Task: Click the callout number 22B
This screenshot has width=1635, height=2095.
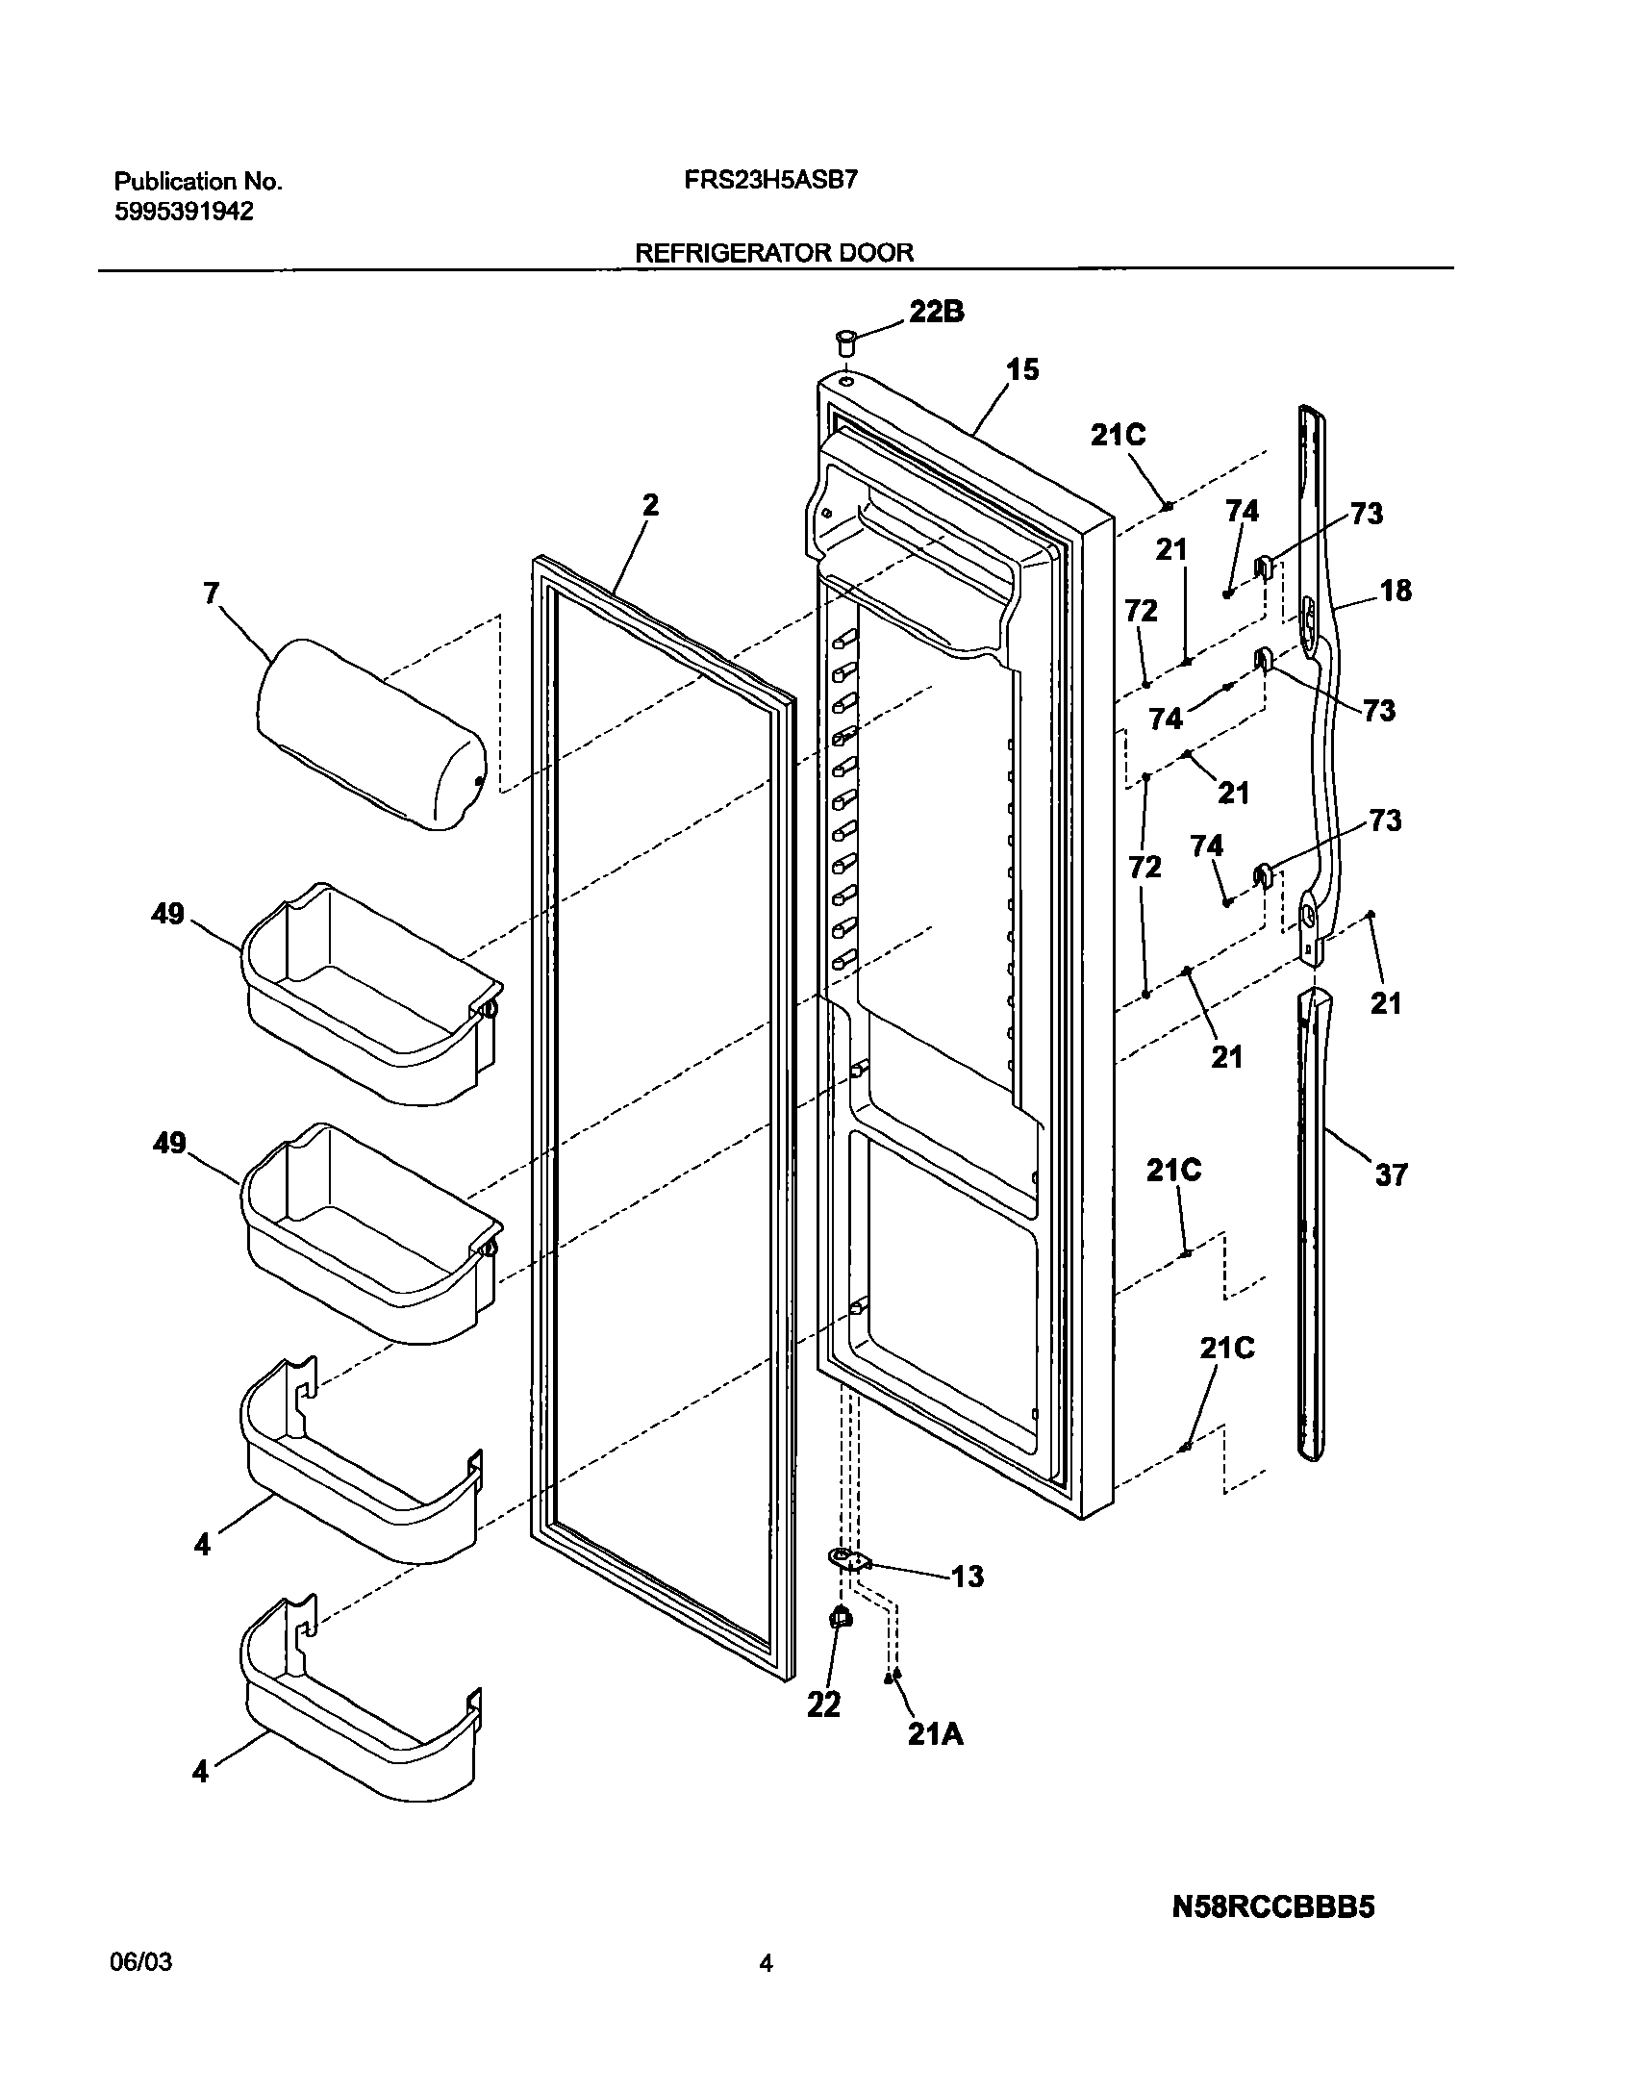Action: click(x=937, y=312)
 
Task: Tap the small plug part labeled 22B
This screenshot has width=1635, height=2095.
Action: click(x=845, y=341)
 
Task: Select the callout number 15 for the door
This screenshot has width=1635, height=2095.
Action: click(x=1022, y=369)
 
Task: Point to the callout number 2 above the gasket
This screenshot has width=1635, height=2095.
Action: click(x=651, y=504)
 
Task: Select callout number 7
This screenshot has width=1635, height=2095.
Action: click(x=211, y=593)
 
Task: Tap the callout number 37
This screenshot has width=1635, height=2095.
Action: click(x=1391, y=1174)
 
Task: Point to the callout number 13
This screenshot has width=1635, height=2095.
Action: click(x=967, y=1576)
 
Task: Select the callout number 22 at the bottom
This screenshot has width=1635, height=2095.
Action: click(x=823, y=1704)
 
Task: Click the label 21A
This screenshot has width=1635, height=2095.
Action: click(x=934, y=1733)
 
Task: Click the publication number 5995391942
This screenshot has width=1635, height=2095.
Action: click(x=184, y=212)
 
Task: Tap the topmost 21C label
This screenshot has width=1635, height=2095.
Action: click(x=1118, y=436)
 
